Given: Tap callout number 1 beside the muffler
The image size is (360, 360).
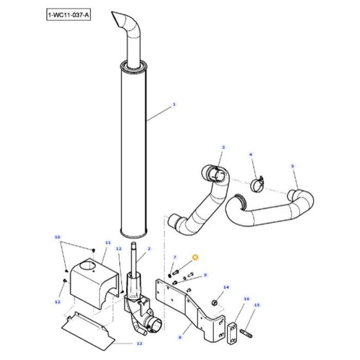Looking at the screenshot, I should coord(174,104).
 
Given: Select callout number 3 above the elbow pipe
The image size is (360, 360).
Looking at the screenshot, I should coord(223,147).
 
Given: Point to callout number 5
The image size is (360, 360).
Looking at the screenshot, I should coord(250,154).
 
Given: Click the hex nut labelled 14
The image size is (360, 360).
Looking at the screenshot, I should coord(216,301).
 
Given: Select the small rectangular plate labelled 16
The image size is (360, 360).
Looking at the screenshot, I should coord(232,328).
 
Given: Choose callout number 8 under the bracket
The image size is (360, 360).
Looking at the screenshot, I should coord(180,338).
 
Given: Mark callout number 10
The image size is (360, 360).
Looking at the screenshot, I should coord(57,237).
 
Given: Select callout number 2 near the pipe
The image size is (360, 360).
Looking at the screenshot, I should coord(149,249).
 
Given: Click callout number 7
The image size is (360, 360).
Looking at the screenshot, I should coord(175,257).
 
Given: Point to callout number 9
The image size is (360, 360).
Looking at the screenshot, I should coord(205,275).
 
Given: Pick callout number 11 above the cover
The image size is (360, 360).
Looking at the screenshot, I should coord(107,242).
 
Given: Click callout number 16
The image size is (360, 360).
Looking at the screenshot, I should coord(246,299).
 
